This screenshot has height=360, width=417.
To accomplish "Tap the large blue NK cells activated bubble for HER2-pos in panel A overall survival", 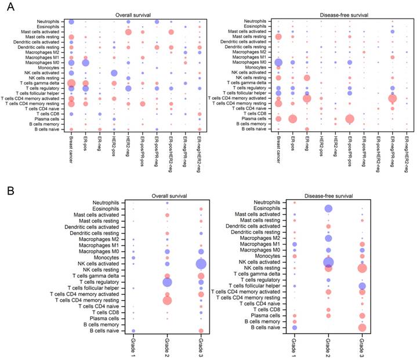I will click(114, 73).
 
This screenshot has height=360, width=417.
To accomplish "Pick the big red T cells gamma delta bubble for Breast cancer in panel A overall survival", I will click(71, 84).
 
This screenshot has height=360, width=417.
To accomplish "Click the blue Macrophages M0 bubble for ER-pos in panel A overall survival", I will click(86, 62).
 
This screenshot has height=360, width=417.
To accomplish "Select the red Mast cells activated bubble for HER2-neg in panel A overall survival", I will click(128, 31).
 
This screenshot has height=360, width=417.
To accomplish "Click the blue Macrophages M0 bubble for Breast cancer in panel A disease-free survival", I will click(278, 63).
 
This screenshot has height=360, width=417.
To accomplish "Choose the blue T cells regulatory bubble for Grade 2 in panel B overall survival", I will click(167, 282).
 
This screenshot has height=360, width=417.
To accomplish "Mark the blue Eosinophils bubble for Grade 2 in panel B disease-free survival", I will click(328, 209).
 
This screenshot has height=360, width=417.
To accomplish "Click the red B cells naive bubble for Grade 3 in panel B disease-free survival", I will click(362, 327).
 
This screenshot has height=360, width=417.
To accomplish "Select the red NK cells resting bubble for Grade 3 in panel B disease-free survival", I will click(362, 268).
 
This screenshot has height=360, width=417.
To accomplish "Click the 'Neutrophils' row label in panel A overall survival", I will click(52, 21).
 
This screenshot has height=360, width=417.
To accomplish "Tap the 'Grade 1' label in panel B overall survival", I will click(133, 347).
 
